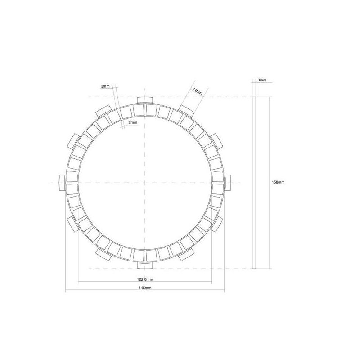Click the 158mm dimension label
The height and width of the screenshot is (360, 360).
point(278,182)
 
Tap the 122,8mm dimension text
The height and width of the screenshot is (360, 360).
point(145,279)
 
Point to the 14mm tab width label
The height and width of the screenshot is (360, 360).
point(198,91)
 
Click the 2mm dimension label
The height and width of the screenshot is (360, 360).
point(133,122)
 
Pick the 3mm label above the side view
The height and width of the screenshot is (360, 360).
point(262,80)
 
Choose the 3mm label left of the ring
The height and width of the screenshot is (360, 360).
point(105,86)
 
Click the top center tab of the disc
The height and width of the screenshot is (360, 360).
point(145,100)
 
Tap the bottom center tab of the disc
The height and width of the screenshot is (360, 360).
point(145,265)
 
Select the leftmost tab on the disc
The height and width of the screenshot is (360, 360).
point(63,183)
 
